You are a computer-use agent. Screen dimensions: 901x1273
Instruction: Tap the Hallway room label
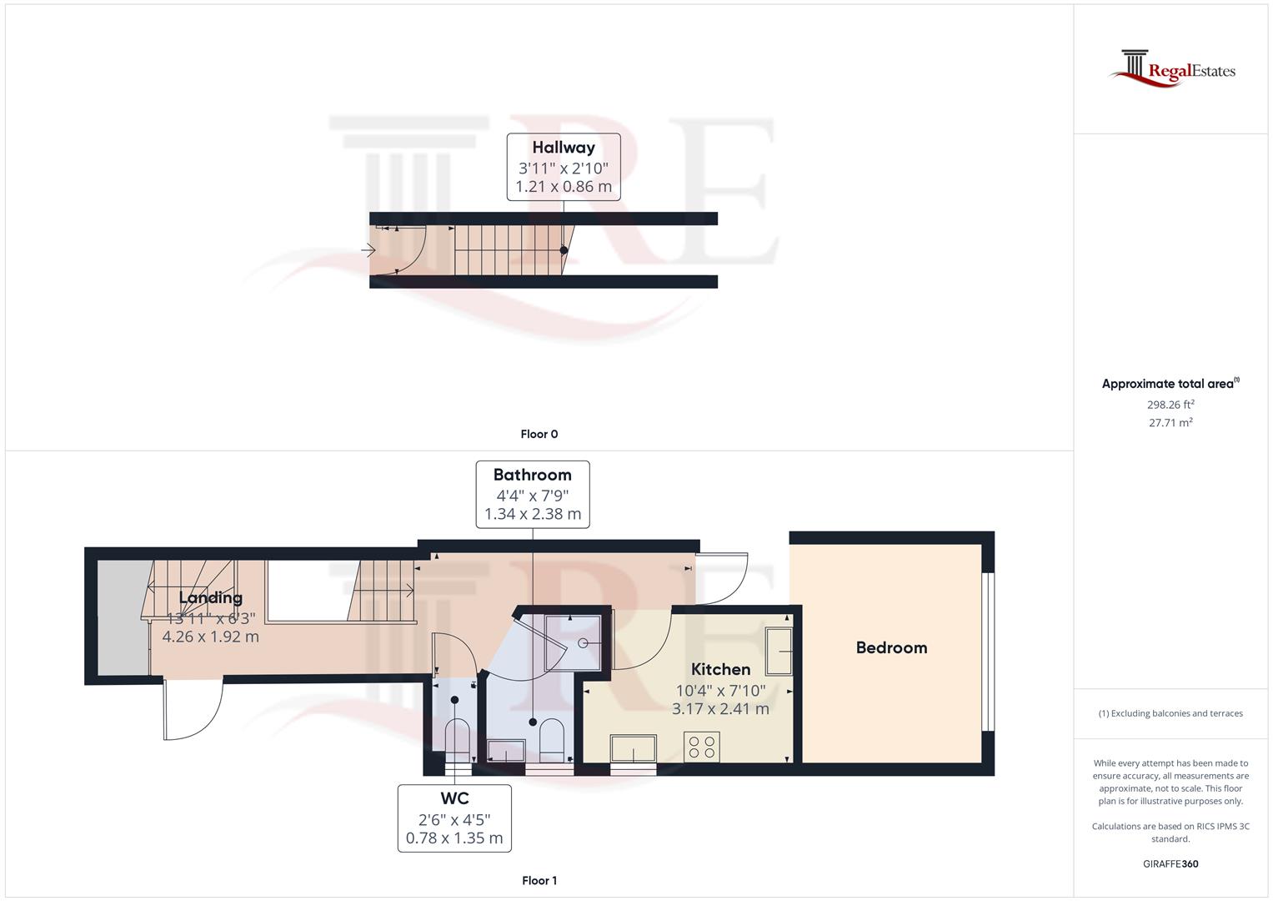[x=564, y=148]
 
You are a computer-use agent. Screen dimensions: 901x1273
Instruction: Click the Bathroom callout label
[x=532, y=476]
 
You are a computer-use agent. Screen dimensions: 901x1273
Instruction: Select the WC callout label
[x=454, y=798]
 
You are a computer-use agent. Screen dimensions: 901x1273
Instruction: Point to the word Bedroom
[x=891, y=648]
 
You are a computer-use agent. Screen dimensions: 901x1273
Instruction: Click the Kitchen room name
[x=720, y=669]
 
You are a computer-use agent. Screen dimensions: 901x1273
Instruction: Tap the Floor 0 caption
[x=539, y=434]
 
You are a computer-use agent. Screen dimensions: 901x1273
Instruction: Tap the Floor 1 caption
[x=539, y=880]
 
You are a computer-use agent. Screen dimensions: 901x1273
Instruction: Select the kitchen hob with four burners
[x=701, y=746]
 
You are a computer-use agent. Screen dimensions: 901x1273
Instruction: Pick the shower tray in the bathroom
[x=572, y=643]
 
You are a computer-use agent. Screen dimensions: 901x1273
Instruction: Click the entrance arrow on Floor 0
[x=368, y=249]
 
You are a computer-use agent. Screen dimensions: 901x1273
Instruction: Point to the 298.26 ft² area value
[x=1170, y=405]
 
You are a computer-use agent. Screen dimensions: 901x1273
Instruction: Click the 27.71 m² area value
[x=1170, y=423]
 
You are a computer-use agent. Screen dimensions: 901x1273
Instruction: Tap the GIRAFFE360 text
[x=1170, y=863]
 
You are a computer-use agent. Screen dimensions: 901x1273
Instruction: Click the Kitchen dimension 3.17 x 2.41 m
[x=720, y=709]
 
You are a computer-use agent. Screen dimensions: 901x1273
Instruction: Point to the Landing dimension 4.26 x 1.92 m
[x=210, y=637]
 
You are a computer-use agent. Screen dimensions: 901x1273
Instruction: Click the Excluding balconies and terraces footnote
[x=1170, y=713]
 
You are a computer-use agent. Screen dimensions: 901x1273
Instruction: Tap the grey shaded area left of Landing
[x=123, y=617]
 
